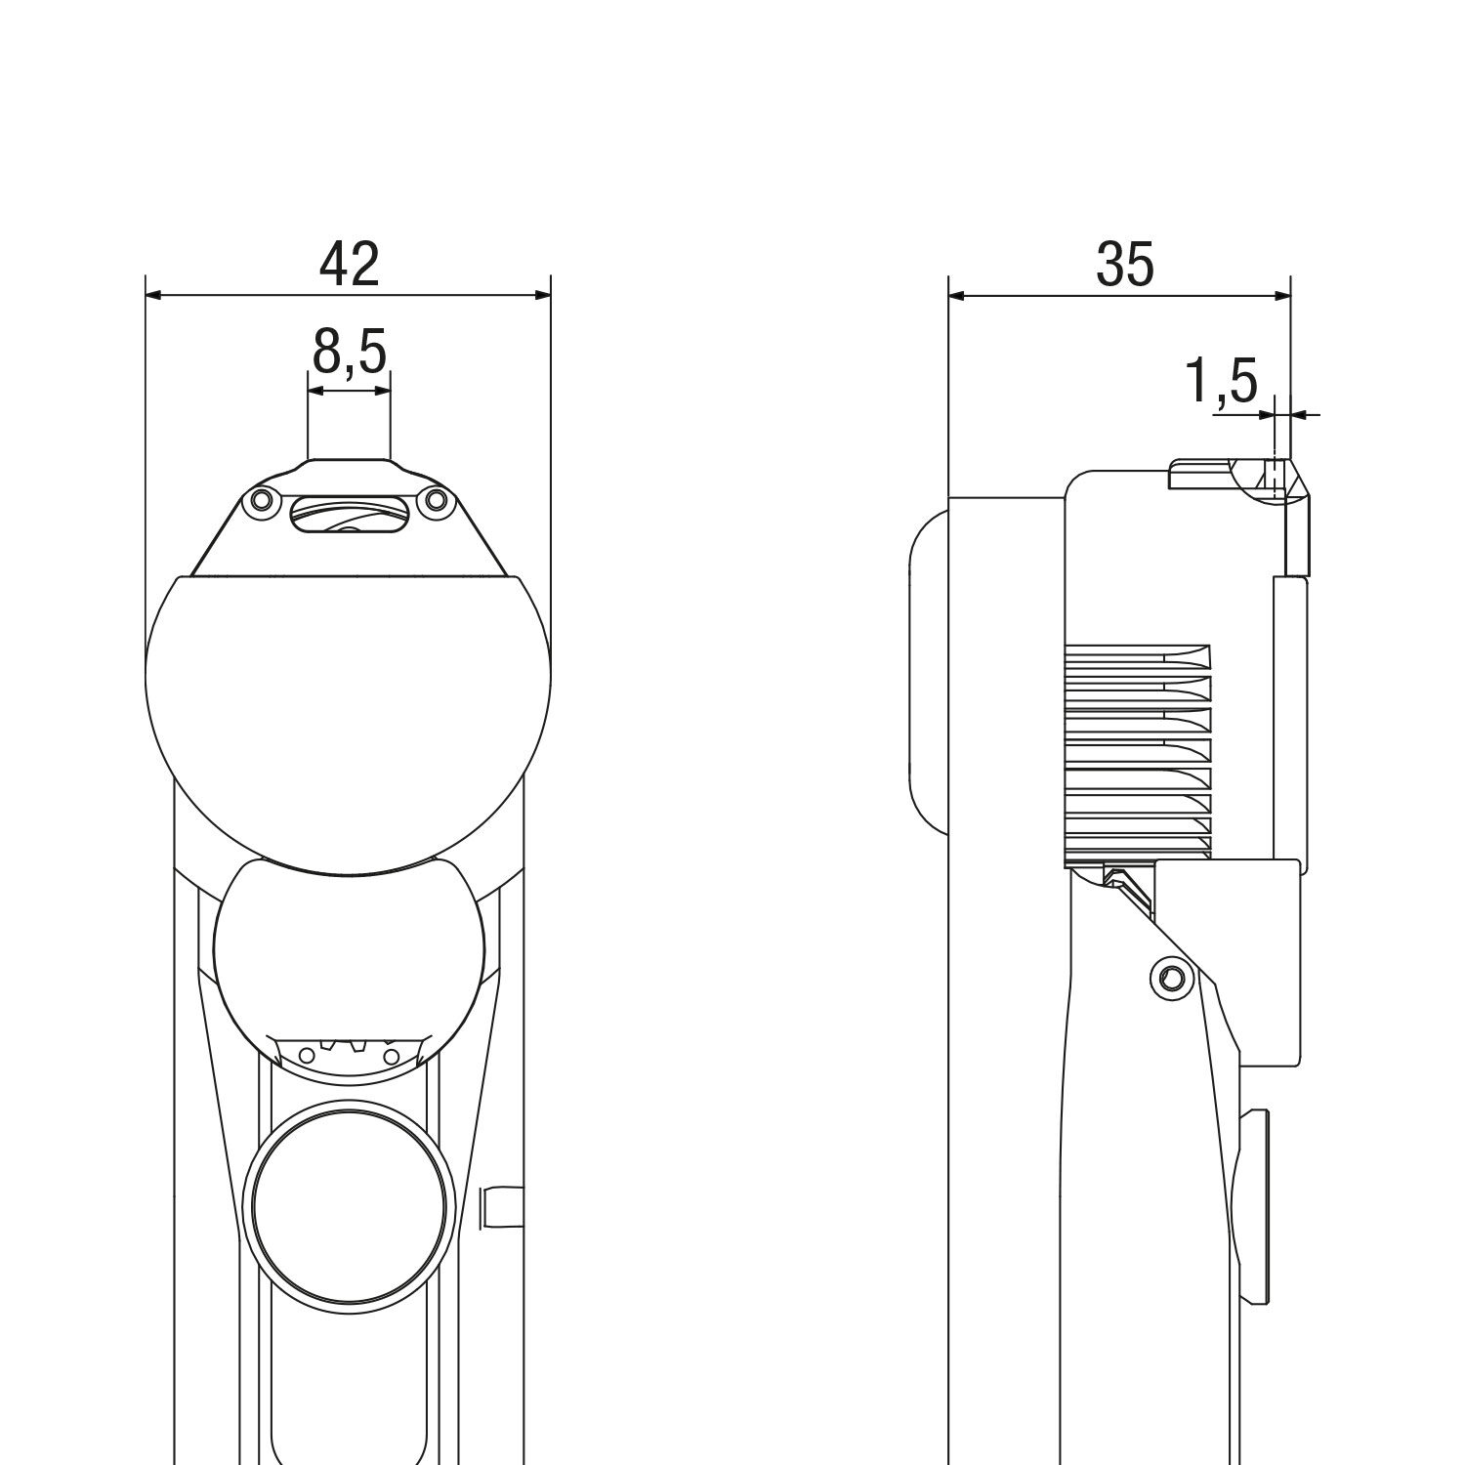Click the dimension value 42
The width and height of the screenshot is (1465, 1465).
pos(349,263)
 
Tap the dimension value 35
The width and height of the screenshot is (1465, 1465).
pos(1125,263)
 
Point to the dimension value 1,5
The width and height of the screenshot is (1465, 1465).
pos(1221,380)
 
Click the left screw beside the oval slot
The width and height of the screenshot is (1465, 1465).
pos(261,502)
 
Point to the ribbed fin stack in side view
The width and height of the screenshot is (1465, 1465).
pos(1137,752)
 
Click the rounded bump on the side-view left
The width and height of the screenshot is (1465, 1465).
pos(929,672)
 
